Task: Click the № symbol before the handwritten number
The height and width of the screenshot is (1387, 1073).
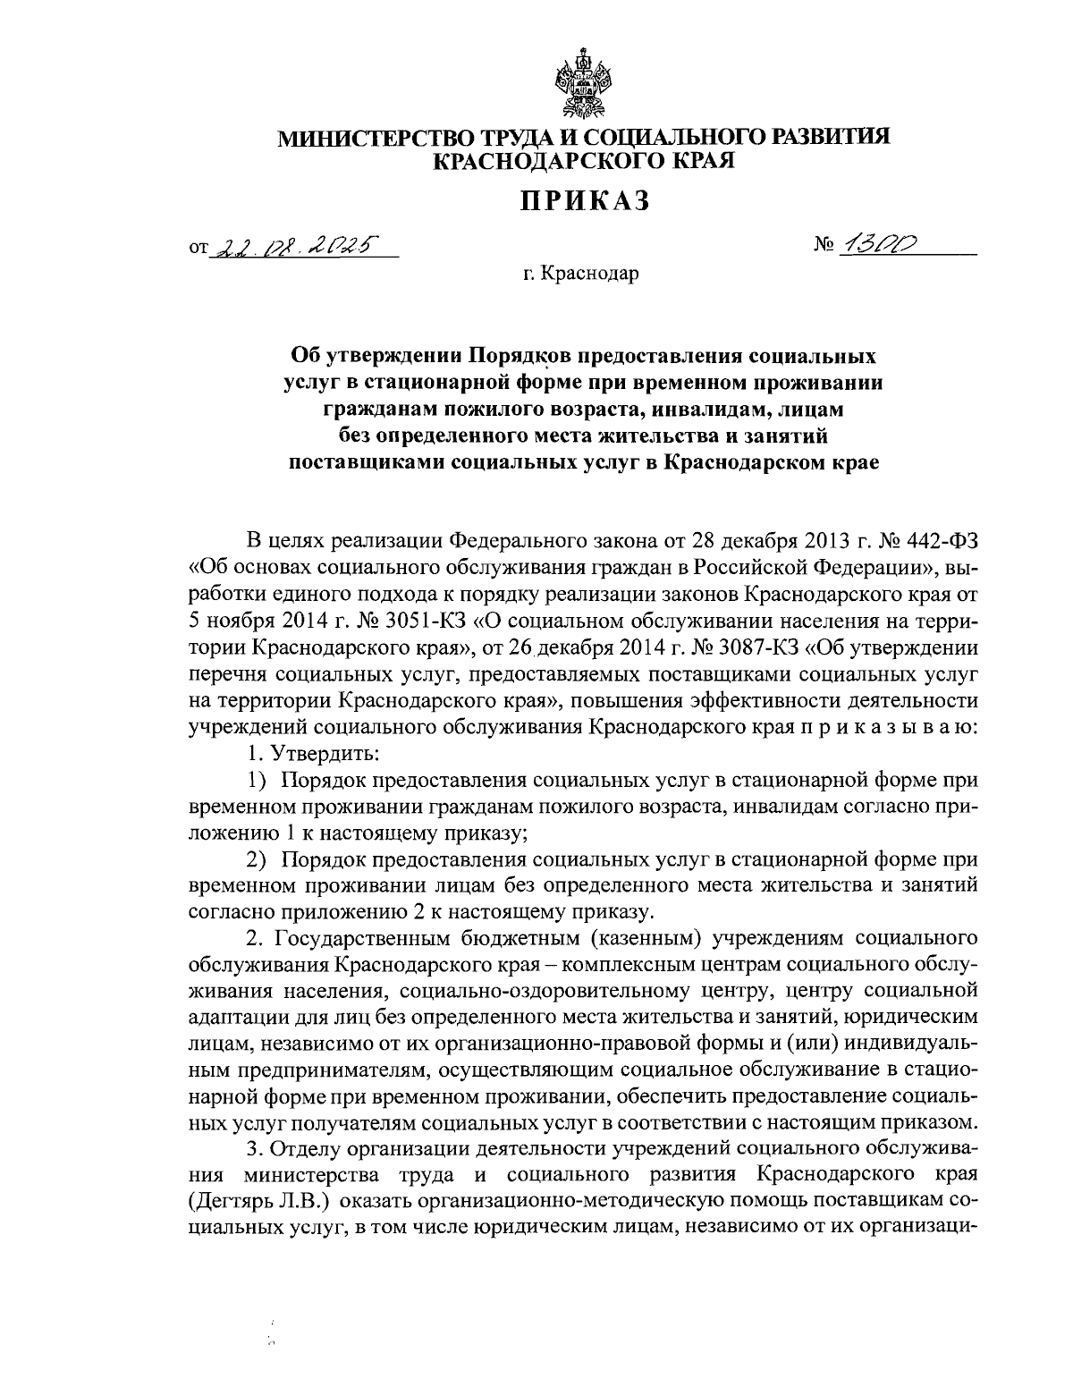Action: click(x=817, y=246)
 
